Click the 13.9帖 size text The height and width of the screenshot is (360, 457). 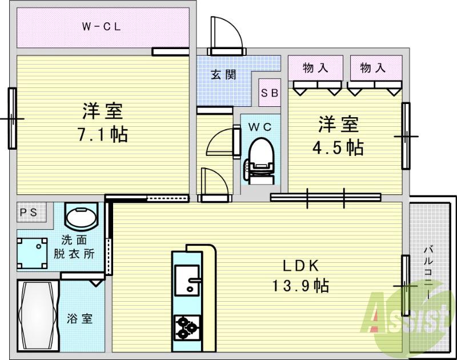[x=300, y=285]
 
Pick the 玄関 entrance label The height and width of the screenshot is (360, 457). [x=223, y=74]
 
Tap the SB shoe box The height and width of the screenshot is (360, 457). [x=270, y=93]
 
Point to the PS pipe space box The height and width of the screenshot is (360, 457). [x=28, y=212]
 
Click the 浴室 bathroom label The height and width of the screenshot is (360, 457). [x=82, y=319]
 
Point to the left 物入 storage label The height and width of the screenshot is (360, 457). [x=315, y=68]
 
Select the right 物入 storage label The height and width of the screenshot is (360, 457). [x=373, y=68]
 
